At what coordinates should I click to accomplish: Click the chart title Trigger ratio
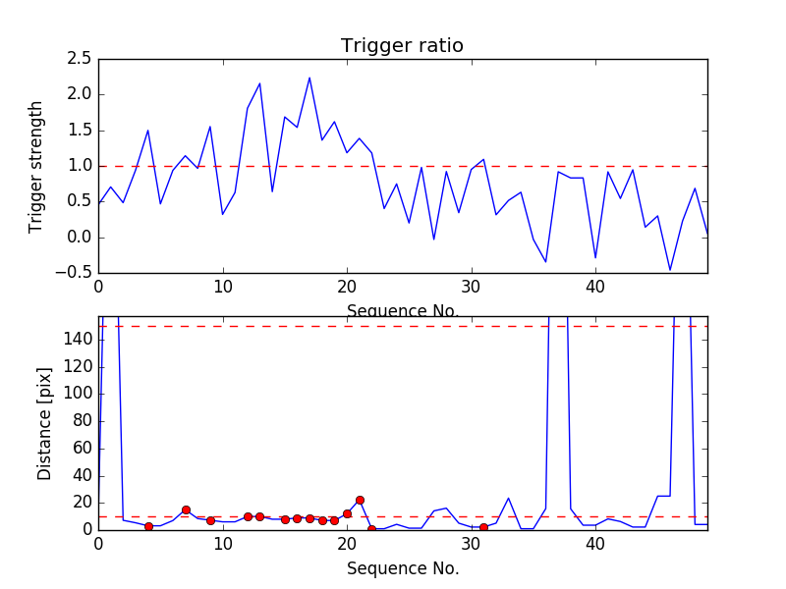coord(402,46)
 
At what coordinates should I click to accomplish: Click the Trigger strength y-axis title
coord(36,166)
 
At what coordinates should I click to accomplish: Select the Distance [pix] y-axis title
coord(44,423)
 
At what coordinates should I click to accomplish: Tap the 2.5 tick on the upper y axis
coord(80,59)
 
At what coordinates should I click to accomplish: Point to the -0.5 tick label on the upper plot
coord(75,273)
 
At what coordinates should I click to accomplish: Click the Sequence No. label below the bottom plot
coord(402,568)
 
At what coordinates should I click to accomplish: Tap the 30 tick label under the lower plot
coord(472,546)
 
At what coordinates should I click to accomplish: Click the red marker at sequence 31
coord(483,527)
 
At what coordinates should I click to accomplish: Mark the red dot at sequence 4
coord(148,526)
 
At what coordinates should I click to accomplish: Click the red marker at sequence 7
coord(186,509)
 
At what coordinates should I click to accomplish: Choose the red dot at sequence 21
coord(360,500)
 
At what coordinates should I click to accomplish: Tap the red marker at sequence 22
coord(371,529)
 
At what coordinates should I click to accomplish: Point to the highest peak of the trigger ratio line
coord(309,78)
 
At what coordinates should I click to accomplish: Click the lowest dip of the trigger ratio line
coord(670,270)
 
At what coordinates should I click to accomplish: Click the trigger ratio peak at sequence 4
coord(148,130)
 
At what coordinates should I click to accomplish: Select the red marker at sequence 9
coord(210,520)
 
